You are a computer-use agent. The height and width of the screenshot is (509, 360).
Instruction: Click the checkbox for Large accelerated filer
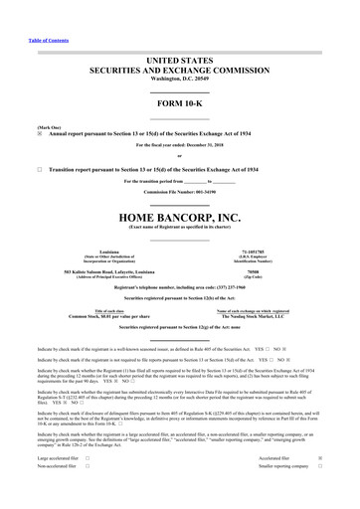pyautogui.click(x=89, y=486)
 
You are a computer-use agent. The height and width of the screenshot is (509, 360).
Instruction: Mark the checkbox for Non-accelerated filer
pyautogui.click(x=89, y=496)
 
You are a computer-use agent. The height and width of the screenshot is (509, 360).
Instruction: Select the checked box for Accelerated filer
pyautogui.click(x=347, y=486)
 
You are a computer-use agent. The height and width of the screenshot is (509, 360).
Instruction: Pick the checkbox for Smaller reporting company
pyautogui.click(x=347, y=496)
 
